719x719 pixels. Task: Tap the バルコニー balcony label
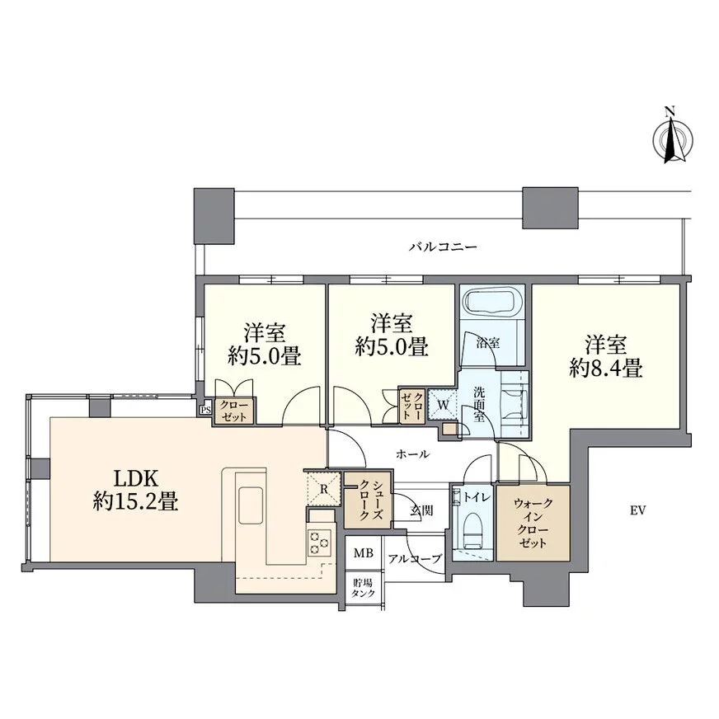pyautogui.click(x=443, y=247)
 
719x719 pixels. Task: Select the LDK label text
pyautogui.click(x=136, y=479)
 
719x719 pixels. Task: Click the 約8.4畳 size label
pyautogui.click(x=606, y=368)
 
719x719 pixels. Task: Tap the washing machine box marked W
pyautogui.click(x=443, y=405)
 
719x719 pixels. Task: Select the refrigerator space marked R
pyautogui.click(x=323, y=489)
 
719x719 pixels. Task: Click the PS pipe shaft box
pyautogui.click(x=205, y=410)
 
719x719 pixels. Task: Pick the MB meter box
pyautogui.click(x=364, y=553)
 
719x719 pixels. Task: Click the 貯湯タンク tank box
pyautogui.click(x=364, y=589)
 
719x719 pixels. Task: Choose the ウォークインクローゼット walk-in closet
pyautogui.click(x=533, y=523)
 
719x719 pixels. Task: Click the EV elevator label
pyautogui.click(x=638, y=510)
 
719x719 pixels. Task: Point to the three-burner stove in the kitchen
pyautogui.click(x=319, y=543)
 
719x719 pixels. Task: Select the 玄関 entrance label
pyautogui.click(x=421, y=510)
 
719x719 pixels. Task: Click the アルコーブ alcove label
pyautogui.click(x=415, y=559)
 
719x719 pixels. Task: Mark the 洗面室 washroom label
pyautogui.click(x=479, y=405)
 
